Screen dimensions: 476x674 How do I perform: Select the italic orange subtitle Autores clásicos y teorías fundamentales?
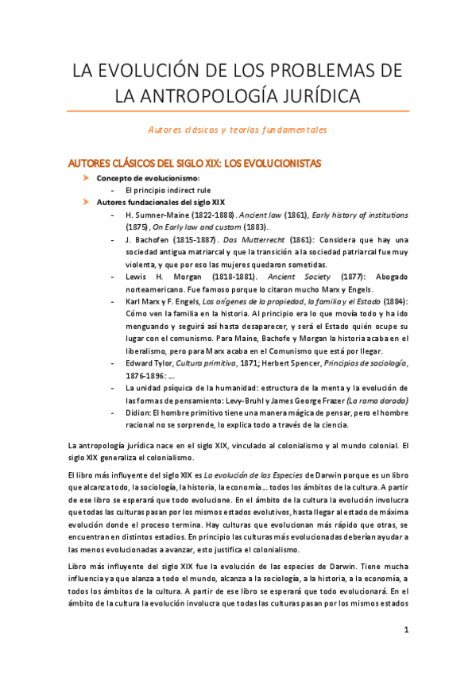pyautogui.click(x=238, y=130)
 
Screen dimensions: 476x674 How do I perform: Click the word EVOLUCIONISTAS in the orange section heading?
pyautogui.click(x=273, y=163)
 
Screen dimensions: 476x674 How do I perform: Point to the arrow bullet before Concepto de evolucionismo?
pyautogui.click(x=87, y=179)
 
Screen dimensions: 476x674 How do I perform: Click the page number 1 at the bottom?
pyautogui.click(x=406, y=630)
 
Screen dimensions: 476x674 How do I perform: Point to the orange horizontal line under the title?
pyautogui.click(x=238, y=111)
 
